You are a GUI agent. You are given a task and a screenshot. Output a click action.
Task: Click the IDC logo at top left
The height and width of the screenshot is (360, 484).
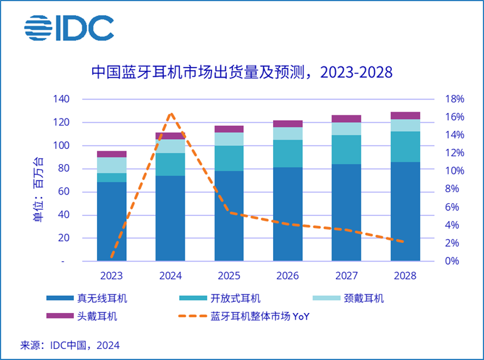[69, 27]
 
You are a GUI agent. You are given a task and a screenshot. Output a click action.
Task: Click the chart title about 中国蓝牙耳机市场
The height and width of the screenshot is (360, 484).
[242, 72]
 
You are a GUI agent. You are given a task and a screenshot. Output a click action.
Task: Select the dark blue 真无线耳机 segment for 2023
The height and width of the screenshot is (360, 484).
[112, 221]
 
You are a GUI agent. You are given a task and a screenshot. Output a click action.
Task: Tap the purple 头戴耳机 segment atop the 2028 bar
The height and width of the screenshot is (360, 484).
[405, 115]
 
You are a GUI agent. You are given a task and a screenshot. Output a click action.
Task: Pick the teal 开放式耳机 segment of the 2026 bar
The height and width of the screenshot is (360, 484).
[288, 153]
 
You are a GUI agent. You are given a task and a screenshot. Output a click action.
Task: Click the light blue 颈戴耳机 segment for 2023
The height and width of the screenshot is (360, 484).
[112, 165]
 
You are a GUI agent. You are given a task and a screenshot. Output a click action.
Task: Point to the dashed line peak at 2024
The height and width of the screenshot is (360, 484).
[171, 113]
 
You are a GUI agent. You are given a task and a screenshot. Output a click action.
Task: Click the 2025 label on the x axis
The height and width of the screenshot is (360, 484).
[229, 276]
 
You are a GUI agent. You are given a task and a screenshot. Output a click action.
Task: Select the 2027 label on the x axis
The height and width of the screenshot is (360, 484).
[346, 276]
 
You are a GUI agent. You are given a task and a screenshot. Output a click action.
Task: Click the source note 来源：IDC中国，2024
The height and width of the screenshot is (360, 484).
[70, 345]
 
